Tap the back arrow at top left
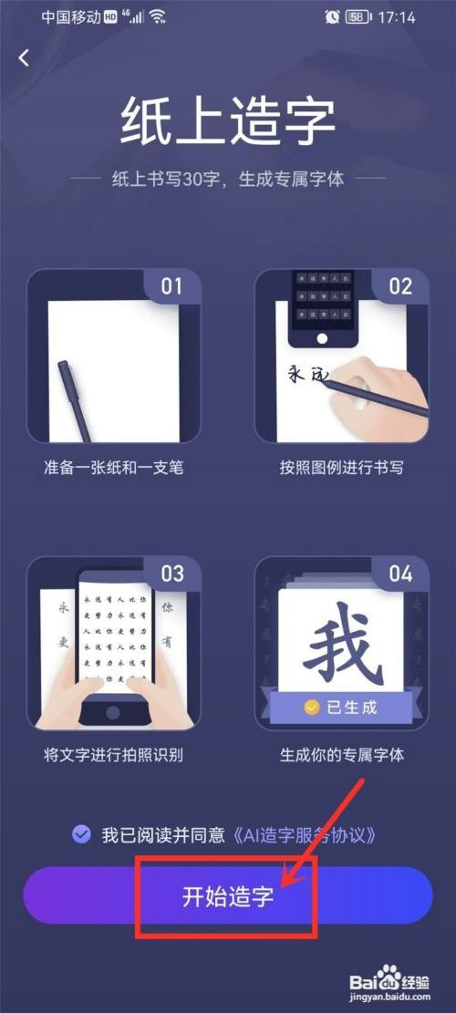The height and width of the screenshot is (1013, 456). pyautogui.click(x=24, y=57)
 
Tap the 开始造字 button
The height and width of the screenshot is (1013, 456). pyautogui.click(x=227, y=894)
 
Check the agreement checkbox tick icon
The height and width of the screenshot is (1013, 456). pyautogui.click(x=81, y=833)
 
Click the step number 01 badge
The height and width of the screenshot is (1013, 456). pyautogui.click(x=171, y=286)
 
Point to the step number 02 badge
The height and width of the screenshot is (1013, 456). pyautogui.click(x=400, y=286)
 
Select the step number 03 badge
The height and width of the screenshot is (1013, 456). pyautogui.click(x=171, y=574)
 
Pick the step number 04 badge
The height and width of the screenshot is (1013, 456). pyautogui.click(x=400, y=574)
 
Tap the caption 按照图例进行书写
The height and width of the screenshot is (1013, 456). pyautogui.click(x=341, y=469)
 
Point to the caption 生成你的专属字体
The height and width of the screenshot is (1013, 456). pyautogui.click(x=341, y=755)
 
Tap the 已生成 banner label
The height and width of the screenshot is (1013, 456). pyautogui.click(x=341, y=707)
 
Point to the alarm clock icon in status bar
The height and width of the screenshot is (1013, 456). pyautogui.click(x=331, y=17)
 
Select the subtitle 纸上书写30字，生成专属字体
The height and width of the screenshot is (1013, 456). pyautogui.click(x=227, y=179)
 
